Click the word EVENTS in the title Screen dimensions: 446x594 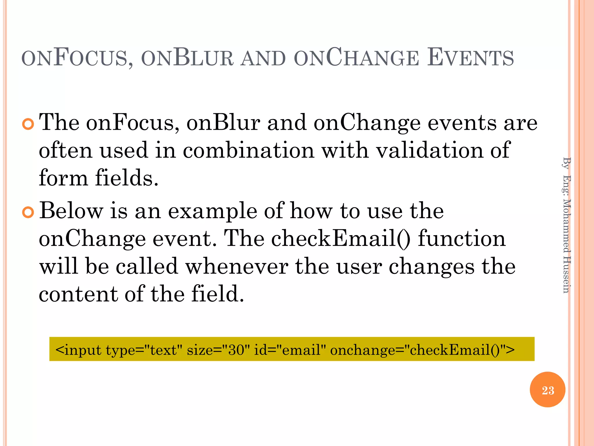470,58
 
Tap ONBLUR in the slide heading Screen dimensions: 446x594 187,58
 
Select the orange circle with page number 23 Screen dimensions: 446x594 547,390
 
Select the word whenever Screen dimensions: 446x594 237,267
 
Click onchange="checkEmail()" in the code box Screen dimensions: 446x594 422,350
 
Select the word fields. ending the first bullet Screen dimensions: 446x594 127,178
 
